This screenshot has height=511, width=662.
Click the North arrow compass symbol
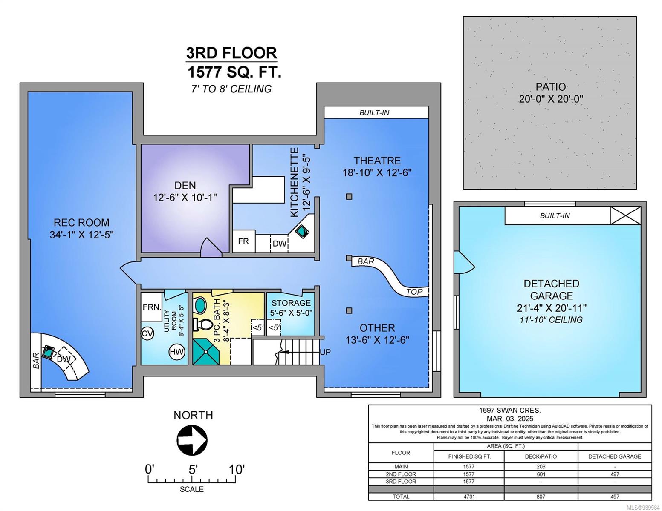click(x=192, y=440)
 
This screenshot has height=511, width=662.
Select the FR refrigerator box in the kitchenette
click(x=244, y=241)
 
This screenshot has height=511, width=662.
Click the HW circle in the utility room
click(x=177, y=352)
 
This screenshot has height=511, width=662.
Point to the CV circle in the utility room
click(x=147, y=334)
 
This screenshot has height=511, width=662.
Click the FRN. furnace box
click(x=151, y=307)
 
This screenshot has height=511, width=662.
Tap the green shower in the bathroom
click(x=206, y=351)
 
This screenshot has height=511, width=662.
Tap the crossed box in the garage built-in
click(x=625, y=216)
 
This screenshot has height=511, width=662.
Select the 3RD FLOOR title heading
click(x=231, y=53)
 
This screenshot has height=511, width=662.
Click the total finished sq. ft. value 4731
click(x=468, y=497)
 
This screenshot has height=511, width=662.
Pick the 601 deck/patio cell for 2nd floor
click(x=541, y=474)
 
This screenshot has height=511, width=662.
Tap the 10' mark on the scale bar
click(x=237, y=469)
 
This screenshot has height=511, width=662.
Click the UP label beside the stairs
click(x=325, y=352)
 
